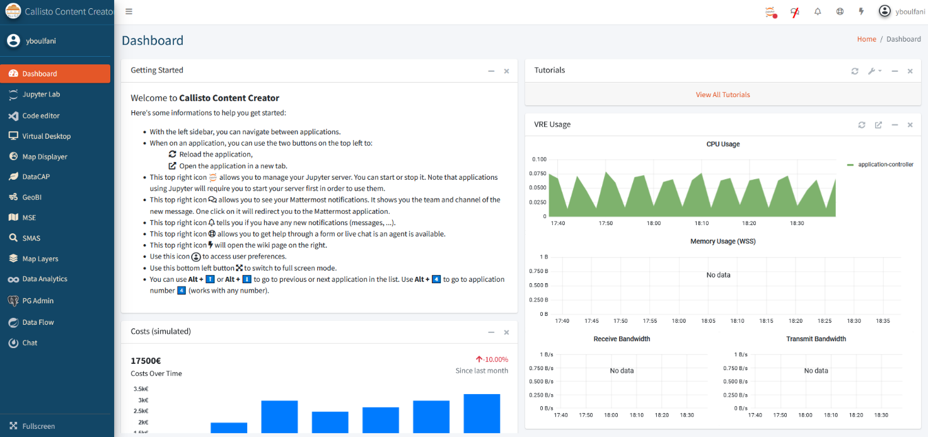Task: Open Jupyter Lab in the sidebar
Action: (x=41, y=95)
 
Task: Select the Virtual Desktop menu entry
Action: (x=47, y=136)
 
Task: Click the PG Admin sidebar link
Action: (x=38, y=301)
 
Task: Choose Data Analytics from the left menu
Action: (x=45, y=279)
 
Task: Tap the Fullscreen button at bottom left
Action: (x=38, y=426)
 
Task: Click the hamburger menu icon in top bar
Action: (x=129, y=11)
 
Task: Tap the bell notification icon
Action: (x=818, y=11)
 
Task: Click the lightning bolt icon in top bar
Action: (x=861, y=11)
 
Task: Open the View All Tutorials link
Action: (x=722, y=95)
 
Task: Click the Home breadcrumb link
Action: (x=866, y=39)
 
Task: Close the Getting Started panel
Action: (x=506, y=71)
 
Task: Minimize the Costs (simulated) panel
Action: (x=491, y=332)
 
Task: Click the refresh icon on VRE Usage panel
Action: (x=862, y=125)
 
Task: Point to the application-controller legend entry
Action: (x=880, y=165)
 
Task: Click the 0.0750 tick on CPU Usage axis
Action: (x=538, y=173)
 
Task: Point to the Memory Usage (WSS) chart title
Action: (x=723, y=242)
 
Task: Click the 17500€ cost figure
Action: (x=146, y=361)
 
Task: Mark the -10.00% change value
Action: (x=495, y=359)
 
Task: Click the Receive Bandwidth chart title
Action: (x=622, y=339)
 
